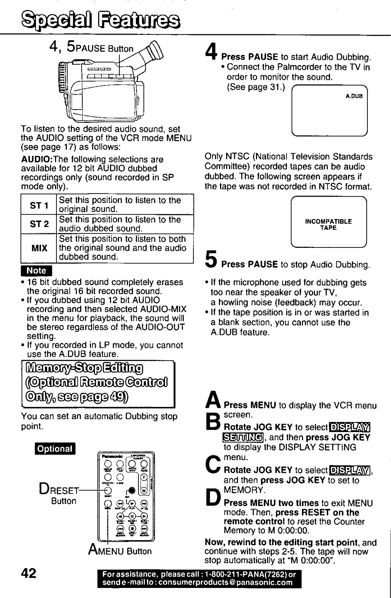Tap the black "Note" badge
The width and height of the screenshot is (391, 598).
36,271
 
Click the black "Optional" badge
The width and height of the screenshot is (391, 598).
55,449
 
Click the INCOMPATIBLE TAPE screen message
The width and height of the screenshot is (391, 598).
328,224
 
